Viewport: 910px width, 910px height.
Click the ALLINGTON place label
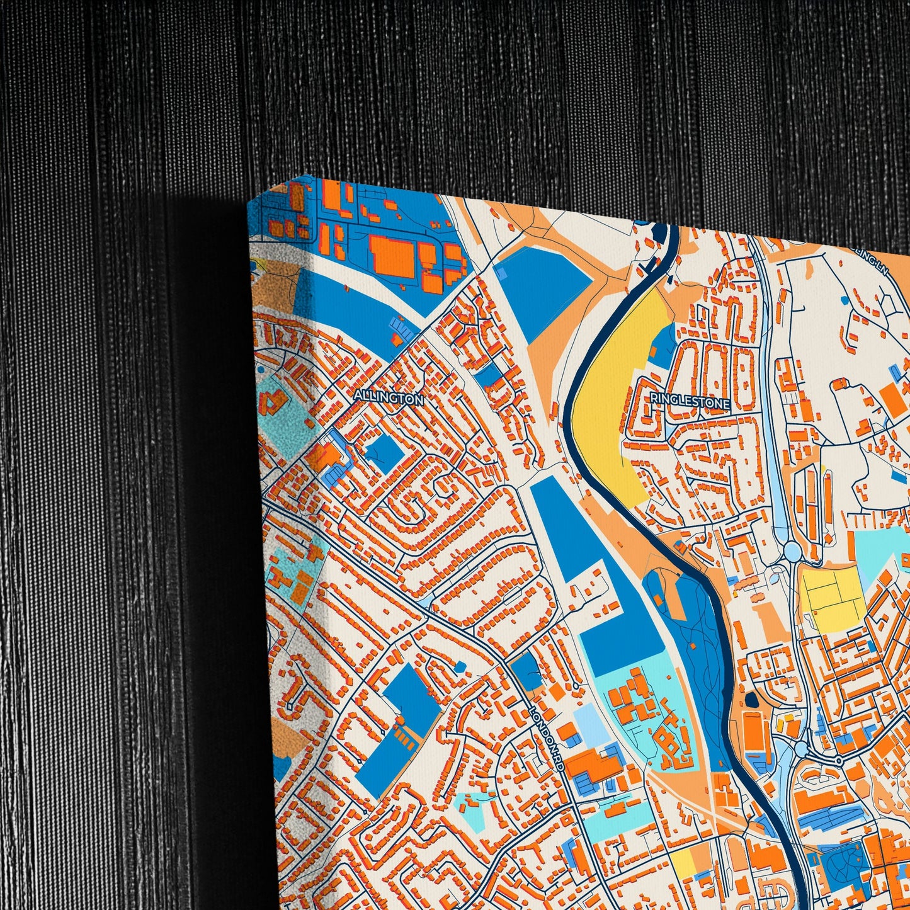tap(388, 398)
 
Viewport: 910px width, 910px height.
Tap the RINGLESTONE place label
tap(690, 401)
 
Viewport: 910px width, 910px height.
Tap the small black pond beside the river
tap(751, 700)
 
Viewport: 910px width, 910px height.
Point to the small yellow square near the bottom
tap(682, 862)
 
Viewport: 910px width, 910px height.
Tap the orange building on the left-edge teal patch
tap(272, 402)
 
